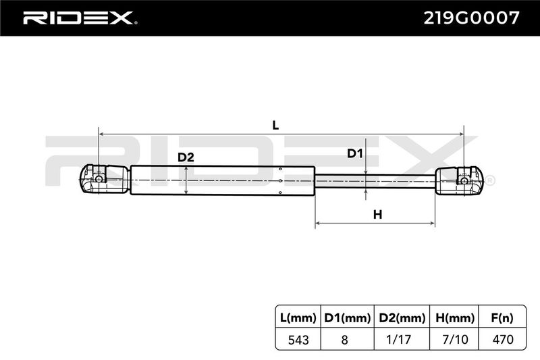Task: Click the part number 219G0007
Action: pos(471,18)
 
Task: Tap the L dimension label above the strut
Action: pos(275,126)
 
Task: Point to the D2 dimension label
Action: pos(186,157)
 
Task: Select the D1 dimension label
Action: pos(355,153)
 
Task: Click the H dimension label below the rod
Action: pos(378,215)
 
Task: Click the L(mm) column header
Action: pos(298,317)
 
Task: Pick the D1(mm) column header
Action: pos(347,317)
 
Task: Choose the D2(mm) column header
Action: pos(402,317)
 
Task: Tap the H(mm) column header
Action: pos(455,317)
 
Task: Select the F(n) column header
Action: pos(502,317)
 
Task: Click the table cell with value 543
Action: pos(298,340)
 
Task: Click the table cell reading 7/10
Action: pos(455,340)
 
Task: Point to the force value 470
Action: pos(503,340)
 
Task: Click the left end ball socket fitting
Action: pos(105,179)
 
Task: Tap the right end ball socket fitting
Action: pos(460,180)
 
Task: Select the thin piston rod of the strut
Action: pos(375,181)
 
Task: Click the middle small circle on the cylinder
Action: pos(281,180)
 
